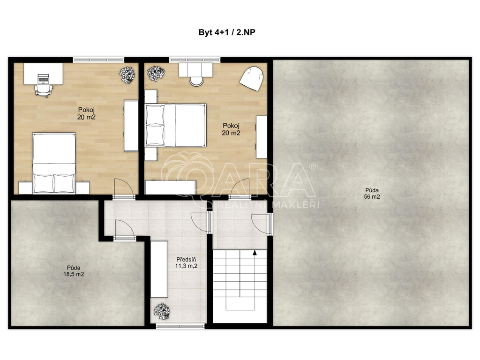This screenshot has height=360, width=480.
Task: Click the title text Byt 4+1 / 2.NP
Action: tap(227, 32)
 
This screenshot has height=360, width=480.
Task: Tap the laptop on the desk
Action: tap(43, 78)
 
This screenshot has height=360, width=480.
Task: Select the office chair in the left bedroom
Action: tap(44, 90)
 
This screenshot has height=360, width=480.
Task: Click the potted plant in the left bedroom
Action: tap(127, 75)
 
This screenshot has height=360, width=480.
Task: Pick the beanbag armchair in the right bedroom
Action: tap(251, 79)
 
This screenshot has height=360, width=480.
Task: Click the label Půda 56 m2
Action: tap(372, 194)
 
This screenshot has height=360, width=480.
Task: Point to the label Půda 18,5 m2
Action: tap(74, 271)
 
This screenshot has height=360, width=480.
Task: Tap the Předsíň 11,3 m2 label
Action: tap(186, 263)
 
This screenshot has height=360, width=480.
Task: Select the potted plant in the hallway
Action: tap(162, 311)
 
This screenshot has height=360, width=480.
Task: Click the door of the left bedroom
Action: tap(124, 188)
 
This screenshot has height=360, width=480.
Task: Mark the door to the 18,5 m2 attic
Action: tap(124, 230)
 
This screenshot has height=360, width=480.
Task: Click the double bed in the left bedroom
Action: tap(54, 163)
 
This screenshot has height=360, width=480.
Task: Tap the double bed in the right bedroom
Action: tap(175, 125)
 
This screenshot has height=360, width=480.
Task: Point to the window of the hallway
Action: tap(180, 326)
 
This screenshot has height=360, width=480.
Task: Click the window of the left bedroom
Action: tap(98, 60)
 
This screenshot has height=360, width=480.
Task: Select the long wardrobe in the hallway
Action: tap(159, 269)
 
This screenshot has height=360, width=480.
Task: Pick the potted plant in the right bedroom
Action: tap(156, 73)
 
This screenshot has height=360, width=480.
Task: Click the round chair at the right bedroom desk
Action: tap(196, 81)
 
